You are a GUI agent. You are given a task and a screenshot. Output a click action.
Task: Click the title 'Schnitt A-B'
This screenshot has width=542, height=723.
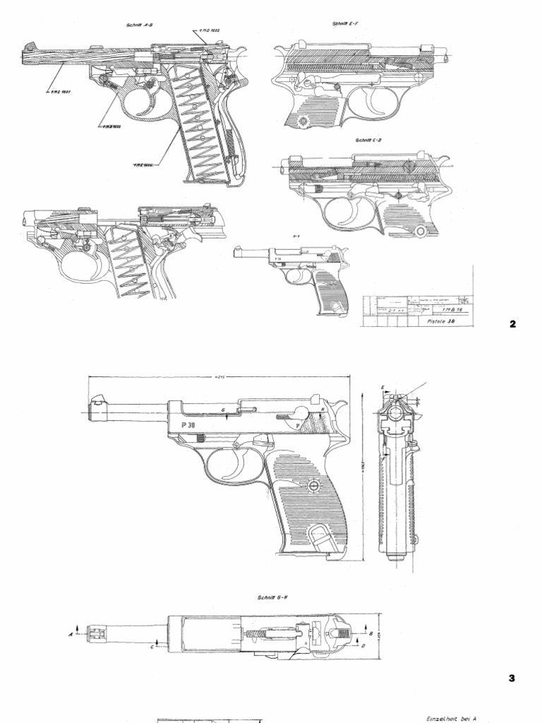140,25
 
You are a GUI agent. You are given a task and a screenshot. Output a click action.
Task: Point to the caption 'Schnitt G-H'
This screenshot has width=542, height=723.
272,597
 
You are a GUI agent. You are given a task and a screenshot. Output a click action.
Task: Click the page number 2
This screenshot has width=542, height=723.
513,325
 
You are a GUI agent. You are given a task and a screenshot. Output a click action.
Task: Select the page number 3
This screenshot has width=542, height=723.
512,679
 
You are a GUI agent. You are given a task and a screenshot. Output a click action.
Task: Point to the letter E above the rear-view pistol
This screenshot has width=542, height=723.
382,388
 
